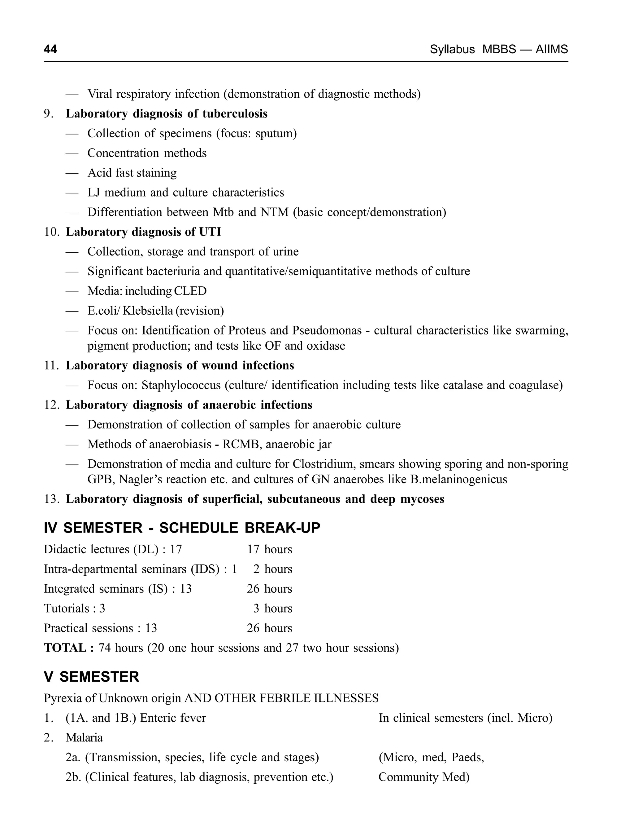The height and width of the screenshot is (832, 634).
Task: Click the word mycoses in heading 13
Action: pyautogui.click(x=422, y=499)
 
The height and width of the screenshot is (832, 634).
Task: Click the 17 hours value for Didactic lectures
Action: pyautogui.click(x=269, y=549)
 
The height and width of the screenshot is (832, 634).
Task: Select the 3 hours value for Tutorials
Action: pyautogui.click(x=272, y=608)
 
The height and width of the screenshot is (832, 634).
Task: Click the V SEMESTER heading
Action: pyautogui.click(x=91, y=677)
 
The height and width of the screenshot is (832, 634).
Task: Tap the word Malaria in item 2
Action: pyautogui.click(x=84, y=737)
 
